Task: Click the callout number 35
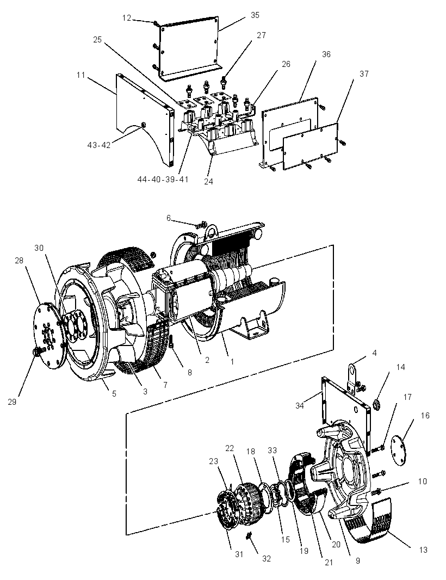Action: click(x=255, y=15)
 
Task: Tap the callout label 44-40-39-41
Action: click(x=163, y=180)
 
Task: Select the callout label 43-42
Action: click(x=99, y=145)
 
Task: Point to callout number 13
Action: click(x=423, y=550)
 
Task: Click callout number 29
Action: click(x=12, y=402)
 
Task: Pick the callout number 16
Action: click(x=425, y=415)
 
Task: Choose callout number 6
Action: click(x=169, y=218)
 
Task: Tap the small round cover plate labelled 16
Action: click(x=398, y=451)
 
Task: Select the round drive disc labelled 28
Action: click(x=49, y=335)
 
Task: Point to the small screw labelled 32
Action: click(x=249, y=535)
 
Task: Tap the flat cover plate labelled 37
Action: click(x=311, y=147)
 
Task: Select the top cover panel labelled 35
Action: click(x=189, y=48)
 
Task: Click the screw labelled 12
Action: click(x=157, y=24)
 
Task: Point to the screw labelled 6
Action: click(x=201, y=224)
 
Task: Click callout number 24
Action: click(x=208, y=182)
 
